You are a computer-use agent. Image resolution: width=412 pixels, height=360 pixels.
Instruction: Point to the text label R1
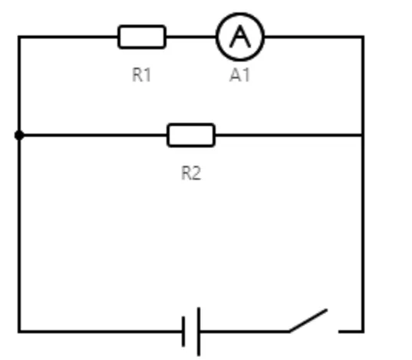point(141,75)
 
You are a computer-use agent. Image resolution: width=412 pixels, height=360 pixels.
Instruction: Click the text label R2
point(191,173)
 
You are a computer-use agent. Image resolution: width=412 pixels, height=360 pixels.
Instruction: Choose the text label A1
point(239,75)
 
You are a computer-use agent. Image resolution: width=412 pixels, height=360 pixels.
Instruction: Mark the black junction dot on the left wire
point(19,135)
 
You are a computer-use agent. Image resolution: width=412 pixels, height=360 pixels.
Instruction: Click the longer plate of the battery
point(199,332)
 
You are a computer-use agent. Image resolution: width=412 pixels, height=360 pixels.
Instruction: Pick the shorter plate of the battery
point(183,332)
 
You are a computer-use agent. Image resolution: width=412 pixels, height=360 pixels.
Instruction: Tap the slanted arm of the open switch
point(308,320)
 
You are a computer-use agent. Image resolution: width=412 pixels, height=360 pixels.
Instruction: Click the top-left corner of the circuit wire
point(19,37)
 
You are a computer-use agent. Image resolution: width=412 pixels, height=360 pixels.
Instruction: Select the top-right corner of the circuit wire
point(363,37)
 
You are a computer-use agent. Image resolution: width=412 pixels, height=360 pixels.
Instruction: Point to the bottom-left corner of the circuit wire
point(19,332)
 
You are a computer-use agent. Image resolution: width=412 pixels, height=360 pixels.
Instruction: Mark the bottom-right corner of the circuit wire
point(363,332)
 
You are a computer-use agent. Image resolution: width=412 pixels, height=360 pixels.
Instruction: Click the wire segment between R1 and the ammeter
point(191,37)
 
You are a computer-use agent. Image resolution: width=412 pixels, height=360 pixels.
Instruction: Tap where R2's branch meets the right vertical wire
point(363,135)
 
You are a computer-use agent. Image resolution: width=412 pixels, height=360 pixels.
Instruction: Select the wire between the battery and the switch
point(245,332)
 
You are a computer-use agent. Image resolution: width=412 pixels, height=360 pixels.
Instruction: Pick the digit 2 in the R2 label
point(196,173)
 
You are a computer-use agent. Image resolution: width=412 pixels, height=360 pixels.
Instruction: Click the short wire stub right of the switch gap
point(351,332)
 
